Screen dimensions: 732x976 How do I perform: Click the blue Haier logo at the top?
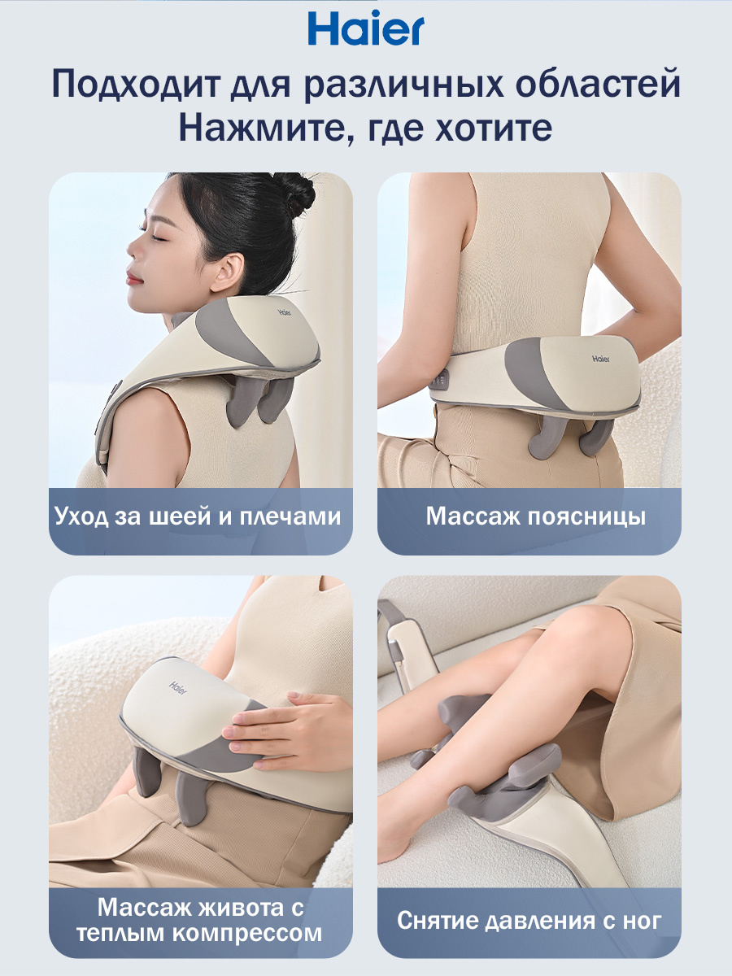[x=366, y=28]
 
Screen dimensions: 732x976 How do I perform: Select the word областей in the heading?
[x=598, y=84]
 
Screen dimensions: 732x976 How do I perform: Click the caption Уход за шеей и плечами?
[x=198, y=517]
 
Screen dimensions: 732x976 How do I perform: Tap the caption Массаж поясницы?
[x=535, y=517]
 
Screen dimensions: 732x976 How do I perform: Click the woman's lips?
[x=133, y=278]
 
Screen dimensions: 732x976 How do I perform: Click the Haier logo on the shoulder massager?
[x=285, y=312]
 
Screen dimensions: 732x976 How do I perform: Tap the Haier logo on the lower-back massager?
[x=601, y=359]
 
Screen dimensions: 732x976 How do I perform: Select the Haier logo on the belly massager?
[x=178, y=688]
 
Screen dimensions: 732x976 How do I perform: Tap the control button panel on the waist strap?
[x=440, y=379]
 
